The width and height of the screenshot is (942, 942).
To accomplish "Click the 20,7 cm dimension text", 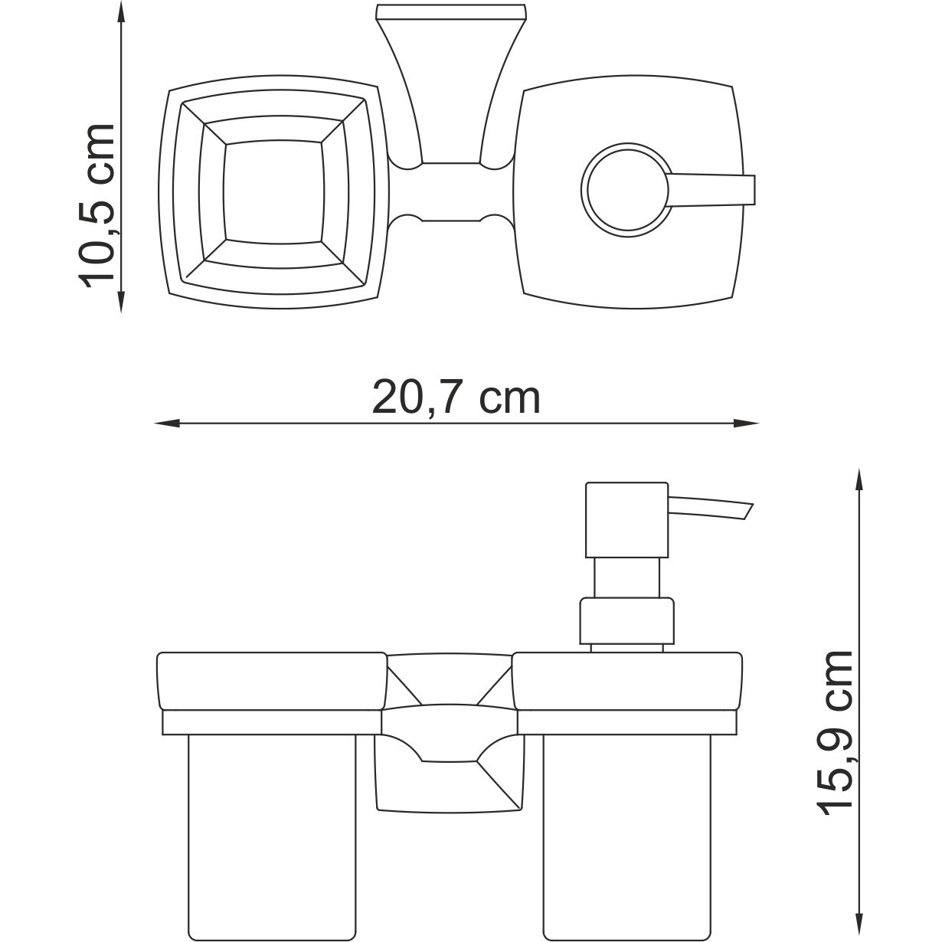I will tap(456, 398).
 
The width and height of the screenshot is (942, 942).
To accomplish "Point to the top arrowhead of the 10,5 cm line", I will tap(121, 11).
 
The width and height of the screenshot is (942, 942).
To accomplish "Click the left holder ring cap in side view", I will tap(271, 680).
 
